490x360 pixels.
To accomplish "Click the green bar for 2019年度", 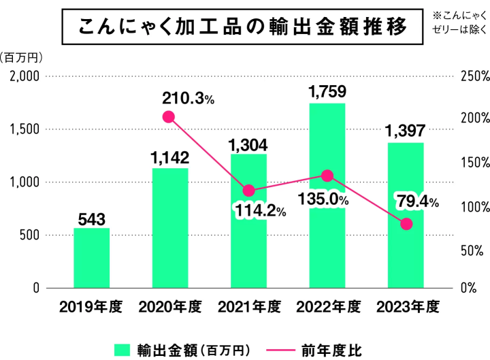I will coord(91,258).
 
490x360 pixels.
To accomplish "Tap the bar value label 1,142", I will coord(169,158).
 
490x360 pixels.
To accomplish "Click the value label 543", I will coord(91,219).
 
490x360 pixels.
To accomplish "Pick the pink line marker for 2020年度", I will coord(169,117).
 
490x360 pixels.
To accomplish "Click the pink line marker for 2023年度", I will coord(406,224).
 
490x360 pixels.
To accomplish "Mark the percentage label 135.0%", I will coord(323,200).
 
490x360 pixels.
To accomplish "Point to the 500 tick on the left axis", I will coord(29,235).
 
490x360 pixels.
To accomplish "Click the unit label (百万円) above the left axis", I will coord(22,56).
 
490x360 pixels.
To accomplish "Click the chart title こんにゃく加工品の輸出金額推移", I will coord(242,27).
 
